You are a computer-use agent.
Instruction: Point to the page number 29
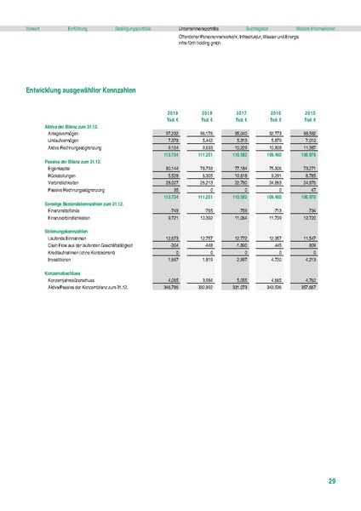coord(332,483)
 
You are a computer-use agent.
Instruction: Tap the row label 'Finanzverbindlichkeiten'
coord(72,217)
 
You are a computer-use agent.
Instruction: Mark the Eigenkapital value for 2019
coord(170,169)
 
